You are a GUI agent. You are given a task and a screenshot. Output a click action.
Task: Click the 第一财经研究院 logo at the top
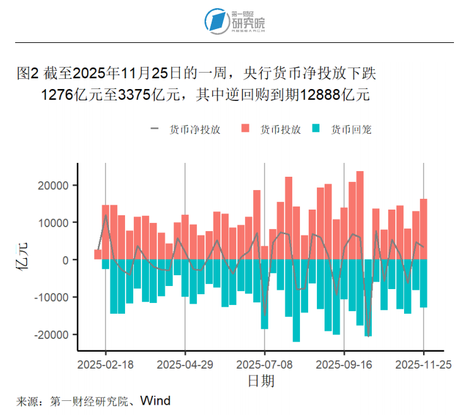pos(235,20)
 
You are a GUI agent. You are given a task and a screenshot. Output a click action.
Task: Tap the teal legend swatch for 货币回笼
pos(318,129)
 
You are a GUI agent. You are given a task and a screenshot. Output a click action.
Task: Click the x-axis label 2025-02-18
pos(105,364)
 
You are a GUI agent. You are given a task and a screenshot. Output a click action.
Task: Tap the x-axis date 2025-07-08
pos(265,364)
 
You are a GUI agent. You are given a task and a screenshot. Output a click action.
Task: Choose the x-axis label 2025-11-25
pos(423,364)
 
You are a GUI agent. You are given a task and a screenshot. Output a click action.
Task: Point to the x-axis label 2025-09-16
pos(344,364)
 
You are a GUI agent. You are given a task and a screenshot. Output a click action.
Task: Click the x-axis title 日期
pos(260,382)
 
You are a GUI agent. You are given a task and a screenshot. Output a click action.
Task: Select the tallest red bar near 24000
pos(360,215)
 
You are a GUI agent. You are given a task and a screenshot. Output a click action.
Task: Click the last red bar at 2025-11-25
pos(424,229)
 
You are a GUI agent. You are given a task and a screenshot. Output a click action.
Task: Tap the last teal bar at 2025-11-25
pos(424,283)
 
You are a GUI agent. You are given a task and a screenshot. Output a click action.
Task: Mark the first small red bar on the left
pos(98,254)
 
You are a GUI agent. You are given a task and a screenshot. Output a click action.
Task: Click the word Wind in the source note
pos(155,401)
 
